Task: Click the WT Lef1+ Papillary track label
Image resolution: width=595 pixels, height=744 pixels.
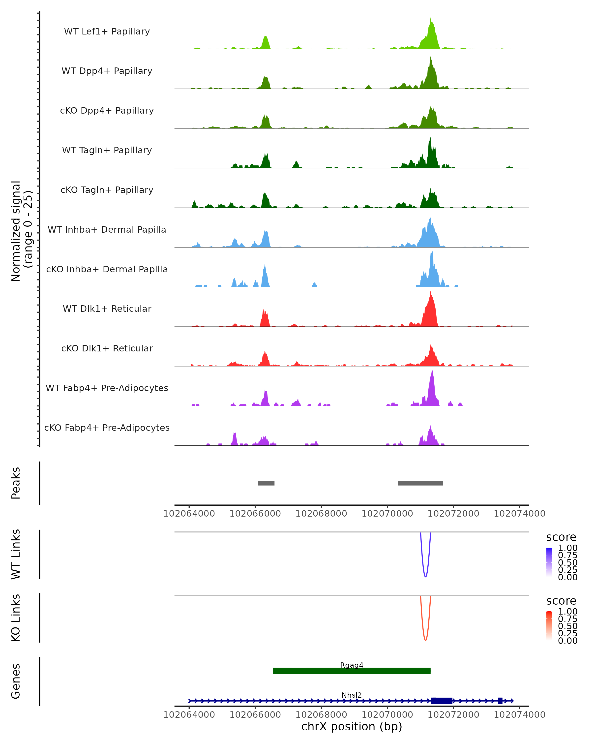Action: tap(107, 31)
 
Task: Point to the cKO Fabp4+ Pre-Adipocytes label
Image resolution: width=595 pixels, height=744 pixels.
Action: tap(107, 428)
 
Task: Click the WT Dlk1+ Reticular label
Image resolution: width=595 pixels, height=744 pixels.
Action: tap(107, 309)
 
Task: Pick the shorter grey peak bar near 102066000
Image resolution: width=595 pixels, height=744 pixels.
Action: tap(266, 483)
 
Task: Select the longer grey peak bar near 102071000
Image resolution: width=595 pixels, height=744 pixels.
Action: tap(420, 483)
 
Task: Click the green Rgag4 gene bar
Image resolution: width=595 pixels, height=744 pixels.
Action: tap(352, 671)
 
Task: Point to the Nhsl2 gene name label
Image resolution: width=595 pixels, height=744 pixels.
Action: tap(352, 695)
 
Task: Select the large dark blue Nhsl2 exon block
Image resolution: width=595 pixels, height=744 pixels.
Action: tap(442, 701)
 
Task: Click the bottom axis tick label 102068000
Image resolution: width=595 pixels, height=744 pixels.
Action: tap(321, 714)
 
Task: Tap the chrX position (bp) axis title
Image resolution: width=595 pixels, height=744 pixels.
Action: tap(352, 726)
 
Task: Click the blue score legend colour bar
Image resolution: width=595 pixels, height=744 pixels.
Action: tap(549, 562)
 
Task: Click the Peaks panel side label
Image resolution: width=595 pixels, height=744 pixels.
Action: tap(16, 483)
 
